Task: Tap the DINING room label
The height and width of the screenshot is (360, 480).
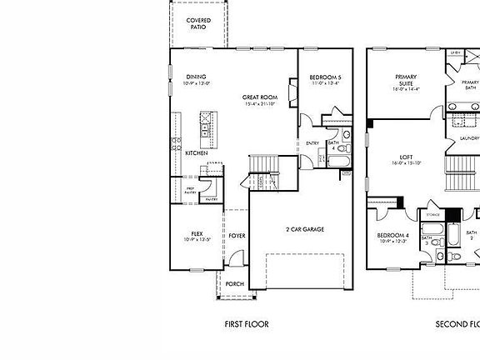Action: point(196,77)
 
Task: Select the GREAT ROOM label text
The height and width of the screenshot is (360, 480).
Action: point(259,97)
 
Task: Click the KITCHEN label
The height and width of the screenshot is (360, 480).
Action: point(197,153)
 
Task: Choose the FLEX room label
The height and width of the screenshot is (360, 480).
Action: point(197,234)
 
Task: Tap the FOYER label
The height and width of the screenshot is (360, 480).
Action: point(237,236)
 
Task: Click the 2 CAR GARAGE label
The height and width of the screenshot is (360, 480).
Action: point(303,229)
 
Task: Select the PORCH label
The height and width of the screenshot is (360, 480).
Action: point(235,283)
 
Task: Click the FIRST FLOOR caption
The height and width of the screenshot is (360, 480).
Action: point(247,324)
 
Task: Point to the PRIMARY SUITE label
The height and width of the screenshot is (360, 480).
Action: point(406,80)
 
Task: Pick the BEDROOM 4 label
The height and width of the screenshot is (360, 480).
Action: point(394,236)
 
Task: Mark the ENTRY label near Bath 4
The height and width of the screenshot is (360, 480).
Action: point(312,143)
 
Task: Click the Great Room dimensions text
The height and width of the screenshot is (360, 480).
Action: point(260,105)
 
